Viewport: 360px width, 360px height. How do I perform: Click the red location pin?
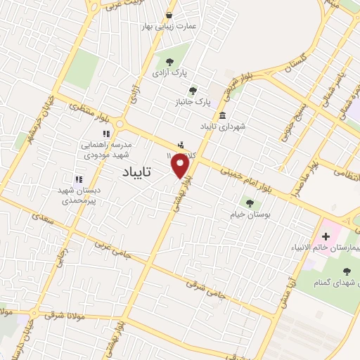click(181, 166)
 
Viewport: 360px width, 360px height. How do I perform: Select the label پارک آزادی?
click(169, 72)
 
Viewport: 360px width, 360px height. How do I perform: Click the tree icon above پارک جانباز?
click(193, 90)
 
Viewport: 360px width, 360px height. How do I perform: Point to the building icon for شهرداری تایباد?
click(222, 116)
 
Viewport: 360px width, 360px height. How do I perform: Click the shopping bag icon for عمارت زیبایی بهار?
click(169, 15)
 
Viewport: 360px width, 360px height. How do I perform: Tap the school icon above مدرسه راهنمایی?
click(105, 132)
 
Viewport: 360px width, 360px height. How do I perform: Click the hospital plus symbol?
click(326, 236)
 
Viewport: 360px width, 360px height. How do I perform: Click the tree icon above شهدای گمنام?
click(346, 271)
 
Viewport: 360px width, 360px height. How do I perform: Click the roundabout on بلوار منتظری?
click(120, 124)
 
